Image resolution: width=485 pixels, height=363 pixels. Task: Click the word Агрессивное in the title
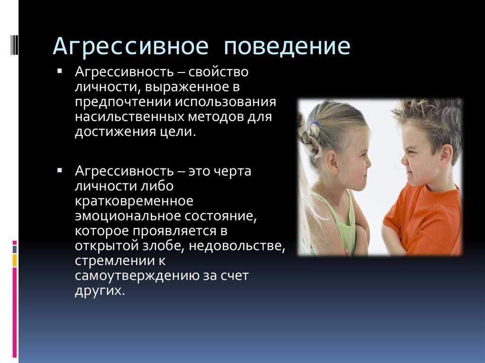pyautogui.click(x=131, y=47)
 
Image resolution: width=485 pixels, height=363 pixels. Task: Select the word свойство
pyautogui.click(x=218, y=72)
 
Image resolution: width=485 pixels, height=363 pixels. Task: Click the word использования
pyautogui.click(x=225, y=102)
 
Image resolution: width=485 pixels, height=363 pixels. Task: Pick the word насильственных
pyautogui.click(x=129, y=117)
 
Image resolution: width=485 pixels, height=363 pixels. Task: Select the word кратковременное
pyautogui.click(x=134, y=201)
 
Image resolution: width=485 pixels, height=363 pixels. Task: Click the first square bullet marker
pyautogui.click(x=60, y=71)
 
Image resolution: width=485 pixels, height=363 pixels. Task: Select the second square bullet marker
pyautogui.click(x=60, y=170)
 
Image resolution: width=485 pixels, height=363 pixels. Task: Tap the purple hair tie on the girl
pyautogui.click(x=315, y=126)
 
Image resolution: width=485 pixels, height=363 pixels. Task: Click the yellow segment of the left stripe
pyautogui.click(x=15, y=260)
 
